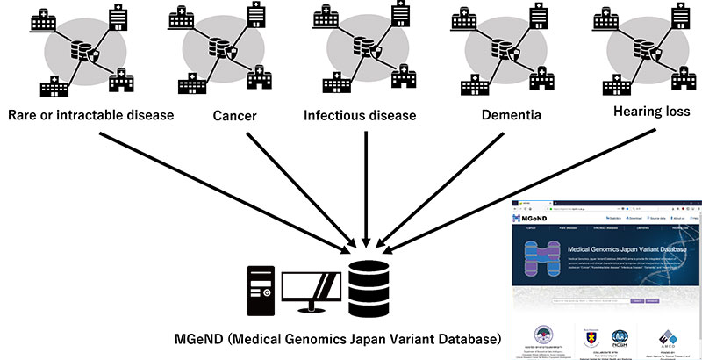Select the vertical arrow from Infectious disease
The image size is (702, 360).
366,189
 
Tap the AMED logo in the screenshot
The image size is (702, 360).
665,338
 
